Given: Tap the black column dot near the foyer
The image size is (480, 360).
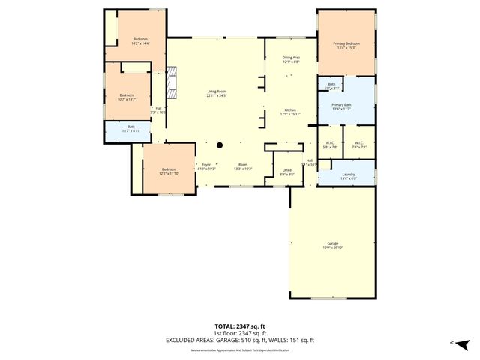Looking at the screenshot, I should point(220,145).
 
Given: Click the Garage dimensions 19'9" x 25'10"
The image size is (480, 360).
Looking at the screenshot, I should point(332,247).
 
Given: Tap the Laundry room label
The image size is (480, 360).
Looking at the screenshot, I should point(348,175).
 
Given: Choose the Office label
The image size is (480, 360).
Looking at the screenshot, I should point(286,170).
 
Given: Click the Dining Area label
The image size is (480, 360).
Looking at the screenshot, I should point(291,58).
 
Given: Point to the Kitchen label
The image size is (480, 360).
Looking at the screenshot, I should point(290,110).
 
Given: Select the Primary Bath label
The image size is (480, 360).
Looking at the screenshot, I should point(342,105).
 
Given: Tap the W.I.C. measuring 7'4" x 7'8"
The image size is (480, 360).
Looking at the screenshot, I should point(358,143).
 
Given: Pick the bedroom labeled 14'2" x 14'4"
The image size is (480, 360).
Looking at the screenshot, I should point(140,39).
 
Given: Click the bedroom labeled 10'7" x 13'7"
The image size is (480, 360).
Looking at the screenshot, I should point(127,95).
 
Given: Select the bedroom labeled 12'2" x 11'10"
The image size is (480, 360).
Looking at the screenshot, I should point(168,169).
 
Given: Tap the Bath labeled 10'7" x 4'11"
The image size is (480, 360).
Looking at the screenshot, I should point(130,127).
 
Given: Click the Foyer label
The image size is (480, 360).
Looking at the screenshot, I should point(205,165).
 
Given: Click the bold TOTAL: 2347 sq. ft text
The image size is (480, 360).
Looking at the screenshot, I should point(240,326).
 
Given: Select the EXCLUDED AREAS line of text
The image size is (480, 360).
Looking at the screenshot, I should point(240,340).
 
